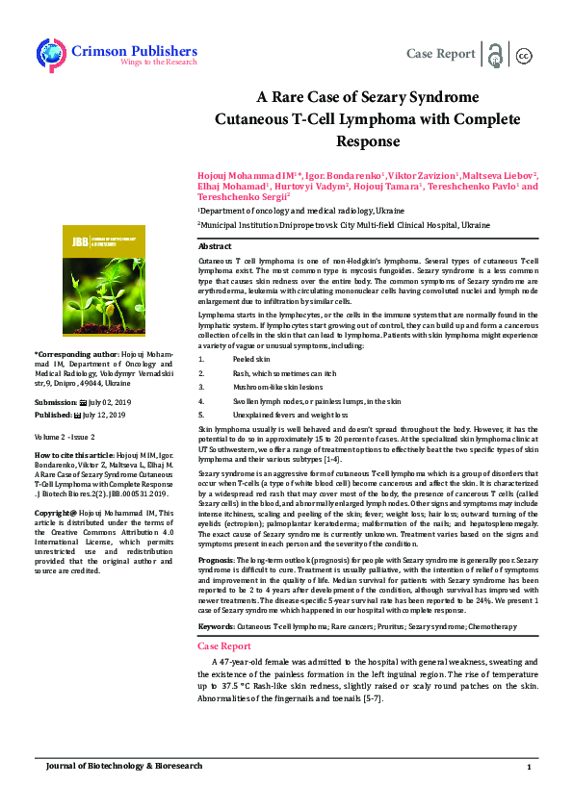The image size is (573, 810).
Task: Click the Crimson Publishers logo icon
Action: (x=49, y=53)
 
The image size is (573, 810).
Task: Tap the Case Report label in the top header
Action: (x=441, y=53)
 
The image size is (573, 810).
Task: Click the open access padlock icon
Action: (x=496, y=54)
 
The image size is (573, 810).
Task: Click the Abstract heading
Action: (x=215, y=247)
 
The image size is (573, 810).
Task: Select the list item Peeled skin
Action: (x=253, y=358)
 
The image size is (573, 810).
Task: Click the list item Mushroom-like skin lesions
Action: (x=278, y=385)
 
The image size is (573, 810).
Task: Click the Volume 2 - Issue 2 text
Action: (x=68, y=436)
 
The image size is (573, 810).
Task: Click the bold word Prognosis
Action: (x=216, y=560)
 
